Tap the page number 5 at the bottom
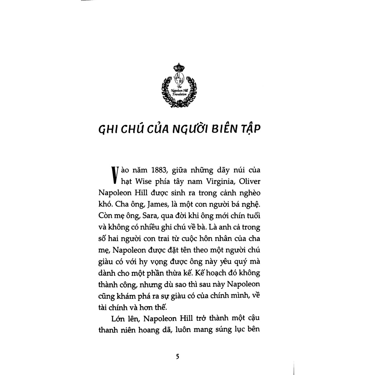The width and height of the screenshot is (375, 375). [x=178, y=356]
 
